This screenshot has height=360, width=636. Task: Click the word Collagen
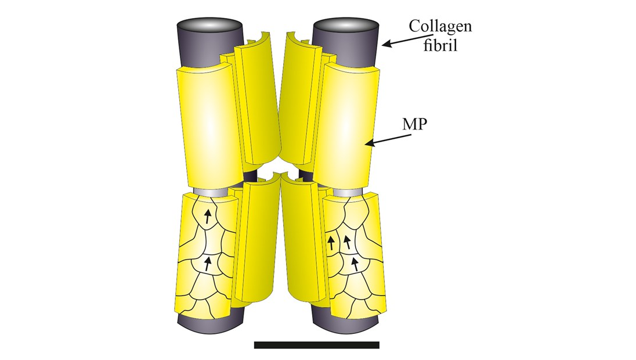[x=440, y=26]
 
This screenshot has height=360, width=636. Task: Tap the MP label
[x=415, y=124]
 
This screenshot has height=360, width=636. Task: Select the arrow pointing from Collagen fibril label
[x=403, y=39]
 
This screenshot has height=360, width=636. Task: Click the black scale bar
[x=317, y=345]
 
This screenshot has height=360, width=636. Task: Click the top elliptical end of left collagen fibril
[x=209, y=24]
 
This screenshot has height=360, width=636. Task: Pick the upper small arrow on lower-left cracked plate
[x=208, y=217]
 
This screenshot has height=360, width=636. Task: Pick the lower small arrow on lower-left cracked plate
[x=208, y=264]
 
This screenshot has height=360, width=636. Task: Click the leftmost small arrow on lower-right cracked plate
[x=331, y=243]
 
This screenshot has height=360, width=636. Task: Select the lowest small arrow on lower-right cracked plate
[x=355, y=264]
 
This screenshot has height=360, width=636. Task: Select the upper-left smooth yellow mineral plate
[x=208, y=127]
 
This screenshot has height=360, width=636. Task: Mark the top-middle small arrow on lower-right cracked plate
[x=347, y=242]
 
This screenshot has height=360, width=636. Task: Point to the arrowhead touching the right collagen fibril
[x=385, y=43]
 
